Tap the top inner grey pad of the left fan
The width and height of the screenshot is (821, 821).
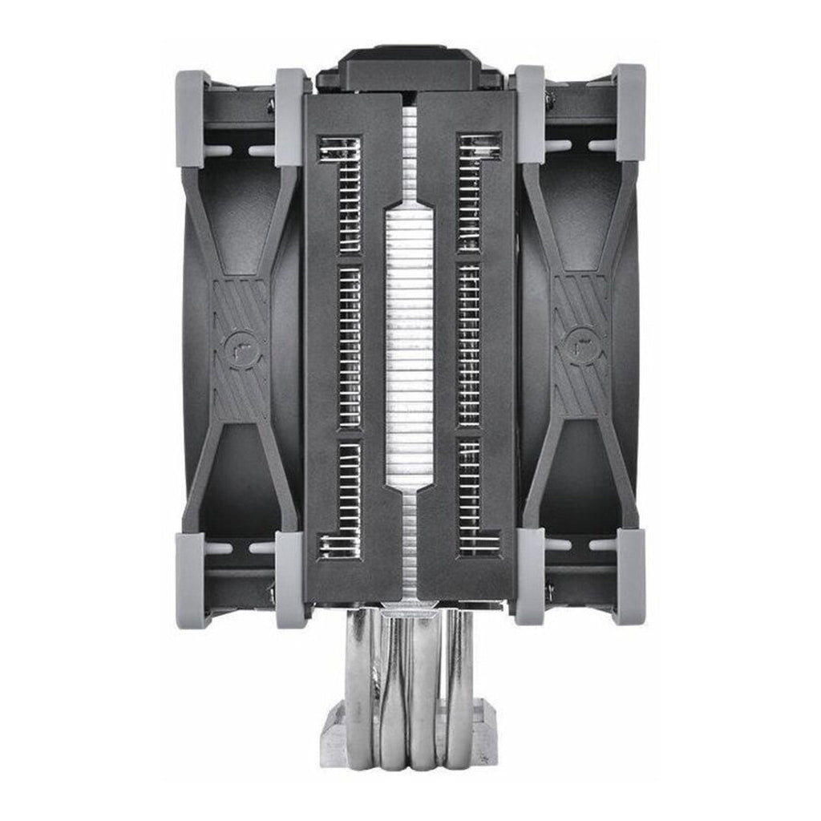click(290, 116)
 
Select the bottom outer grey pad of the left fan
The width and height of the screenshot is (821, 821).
click(192, 579)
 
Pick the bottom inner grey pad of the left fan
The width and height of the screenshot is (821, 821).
click(290, 579)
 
